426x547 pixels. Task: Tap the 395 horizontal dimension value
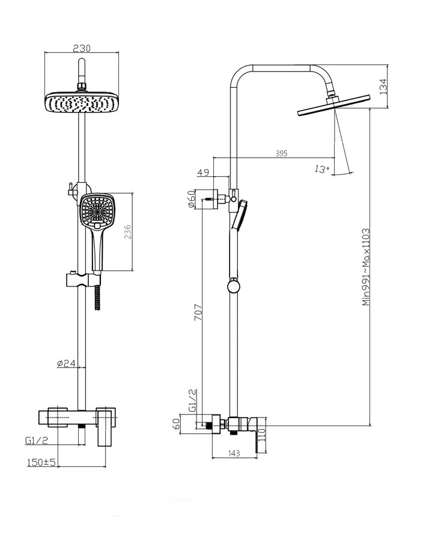tap(281, 153)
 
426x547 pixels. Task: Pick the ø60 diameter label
tap(190, 199)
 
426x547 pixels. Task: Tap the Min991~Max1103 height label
tap(365, 267)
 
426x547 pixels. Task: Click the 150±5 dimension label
tap(41, 462)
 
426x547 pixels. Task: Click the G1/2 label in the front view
tap(35, 441)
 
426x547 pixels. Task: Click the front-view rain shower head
tap(82, 103)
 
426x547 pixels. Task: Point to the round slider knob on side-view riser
tap(234, 285)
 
